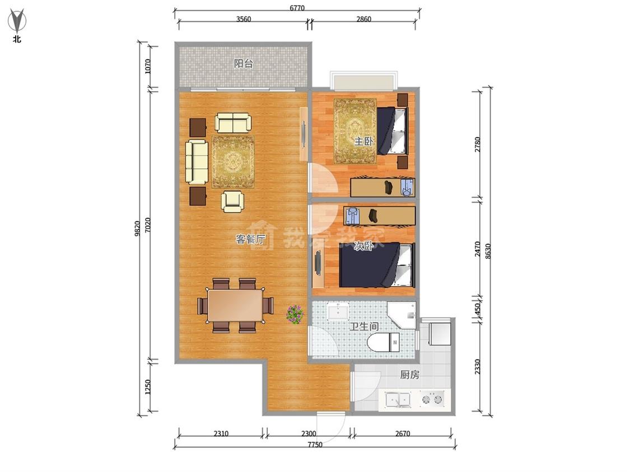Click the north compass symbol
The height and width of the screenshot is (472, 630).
17,22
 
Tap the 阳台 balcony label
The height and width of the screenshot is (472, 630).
244,63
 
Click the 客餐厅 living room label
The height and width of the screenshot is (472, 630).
250,239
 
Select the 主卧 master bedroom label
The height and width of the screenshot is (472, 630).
363,141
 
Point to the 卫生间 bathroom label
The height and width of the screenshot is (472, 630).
363,326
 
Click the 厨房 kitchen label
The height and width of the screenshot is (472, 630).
409,375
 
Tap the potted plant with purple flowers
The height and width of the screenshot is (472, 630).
295,314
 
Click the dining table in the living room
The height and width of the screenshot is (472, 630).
235,305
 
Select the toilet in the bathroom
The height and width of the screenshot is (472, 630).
383,342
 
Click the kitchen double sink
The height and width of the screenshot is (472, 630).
398,400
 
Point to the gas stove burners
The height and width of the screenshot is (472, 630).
432,399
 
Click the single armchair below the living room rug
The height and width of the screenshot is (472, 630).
232,201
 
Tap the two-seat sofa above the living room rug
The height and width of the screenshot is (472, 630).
233,122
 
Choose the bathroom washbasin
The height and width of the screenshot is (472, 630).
338,311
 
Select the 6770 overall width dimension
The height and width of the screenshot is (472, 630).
297,8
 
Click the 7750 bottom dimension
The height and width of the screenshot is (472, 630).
315,445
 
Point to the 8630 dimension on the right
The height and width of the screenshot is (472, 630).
488,251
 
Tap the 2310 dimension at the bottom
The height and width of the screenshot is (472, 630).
221,433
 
